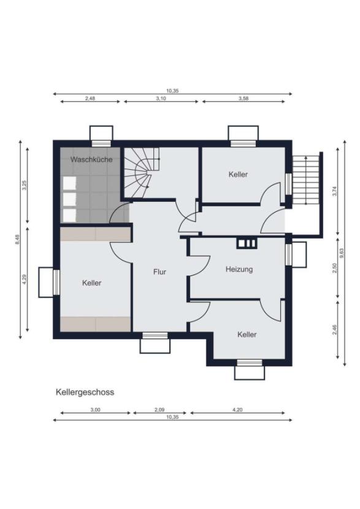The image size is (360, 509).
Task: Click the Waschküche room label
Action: click(x=91, y=159)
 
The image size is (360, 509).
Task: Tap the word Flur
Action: click(x=159, y=271)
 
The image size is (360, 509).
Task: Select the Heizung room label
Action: click(x=239, y=269)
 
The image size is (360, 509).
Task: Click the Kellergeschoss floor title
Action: click(x=85, y=392)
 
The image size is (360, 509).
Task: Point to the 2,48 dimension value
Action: click(x=90, y=98)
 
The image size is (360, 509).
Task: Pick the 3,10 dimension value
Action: click(x=161, y=98)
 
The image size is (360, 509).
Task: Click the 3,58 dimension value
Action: click(x=244, y=98)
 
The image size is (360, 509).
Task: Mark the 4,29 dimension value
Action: click(x=25, y=277)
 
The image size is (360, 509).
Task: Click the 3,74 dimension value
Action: click(x=334, y=191)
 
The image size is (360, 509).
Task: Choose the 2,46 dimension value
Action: click(x=334, y=330)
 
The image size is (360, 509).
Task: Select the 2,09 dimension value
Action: click(x=159, y=410)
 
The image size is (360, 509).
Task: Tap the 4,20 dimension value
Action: click(x=238, y=410)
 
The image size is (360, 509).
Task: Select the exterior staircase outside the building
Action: click(x=306, y=180)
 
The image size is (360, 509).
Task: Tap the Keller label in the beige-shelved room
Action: click(x=92, y=283)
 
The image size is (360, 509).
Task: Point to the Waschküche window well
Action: click(x=101, y=133)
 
